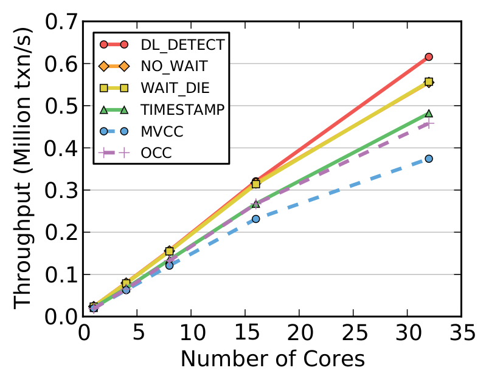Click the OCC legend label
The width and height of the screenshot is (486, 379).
(156, 153)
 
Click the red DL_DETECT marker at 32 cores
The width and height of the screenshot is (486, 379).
(429, 56)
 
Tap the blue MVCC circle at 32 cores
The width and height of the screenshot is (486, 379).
(429, 159)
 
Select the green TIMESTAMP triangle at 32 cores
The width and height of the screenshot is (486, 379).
(429, 114)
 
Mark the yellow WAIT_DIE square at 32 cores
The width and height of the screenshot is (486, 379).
(429, 81)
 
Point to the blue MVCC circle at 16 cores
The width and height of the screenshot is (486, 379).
(255, 219)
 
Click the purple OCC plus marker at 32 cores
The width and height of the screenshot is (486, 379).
(429, 123)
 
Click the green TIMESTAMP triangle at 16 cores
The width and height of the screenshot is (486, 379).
(255, 203)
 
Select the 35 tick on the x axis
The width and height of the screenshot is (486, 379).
(460, 333)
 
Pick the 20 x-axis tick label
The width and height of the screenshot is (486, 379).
(299, 333)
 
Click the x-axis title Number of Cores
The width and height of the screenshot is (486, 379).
(273, 359)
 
